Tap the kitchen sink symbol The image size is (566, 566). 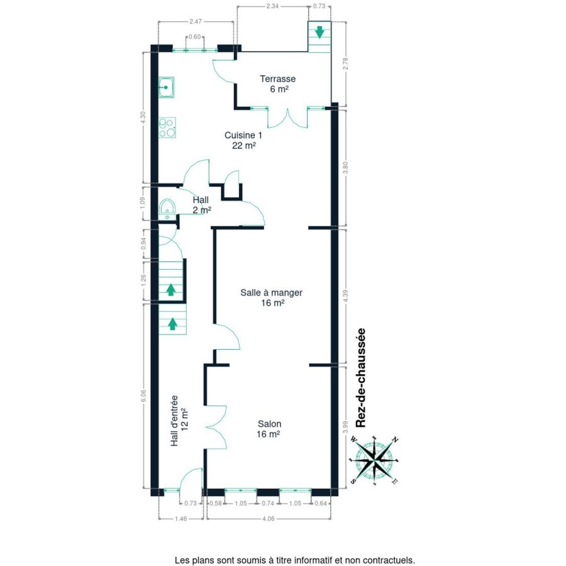click(x=167, y=87)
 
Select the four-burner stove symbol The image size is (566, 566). click(x=167, y=128)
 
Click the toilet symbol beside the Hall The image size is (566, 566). click(x=167, y=209)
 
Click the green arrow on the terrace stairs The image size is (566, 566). click(x=319, y=32)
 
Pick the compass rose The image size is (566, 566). click(x=374, y=460)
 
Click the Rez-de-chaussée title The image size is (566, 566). click(x=360, y=378)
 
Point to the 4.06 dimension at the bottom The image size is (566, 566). click(x=268, y=518)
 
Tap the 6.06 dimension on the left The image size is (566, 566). click(x=143, y=396)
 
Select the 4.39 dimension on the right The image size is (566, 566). click(x=345, y=296)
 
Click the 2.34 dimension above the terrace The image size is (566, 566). click(x=272, y=6)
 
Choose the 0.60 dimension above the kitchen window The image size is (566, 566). click(x=195, y=37)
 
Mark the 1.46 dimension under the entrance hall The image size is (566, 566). click(x=181, y=518)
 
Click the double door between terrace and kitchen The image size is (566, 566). click(x=287, y=118)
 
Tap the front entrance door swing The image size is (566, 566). click(x=191, y=479)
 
